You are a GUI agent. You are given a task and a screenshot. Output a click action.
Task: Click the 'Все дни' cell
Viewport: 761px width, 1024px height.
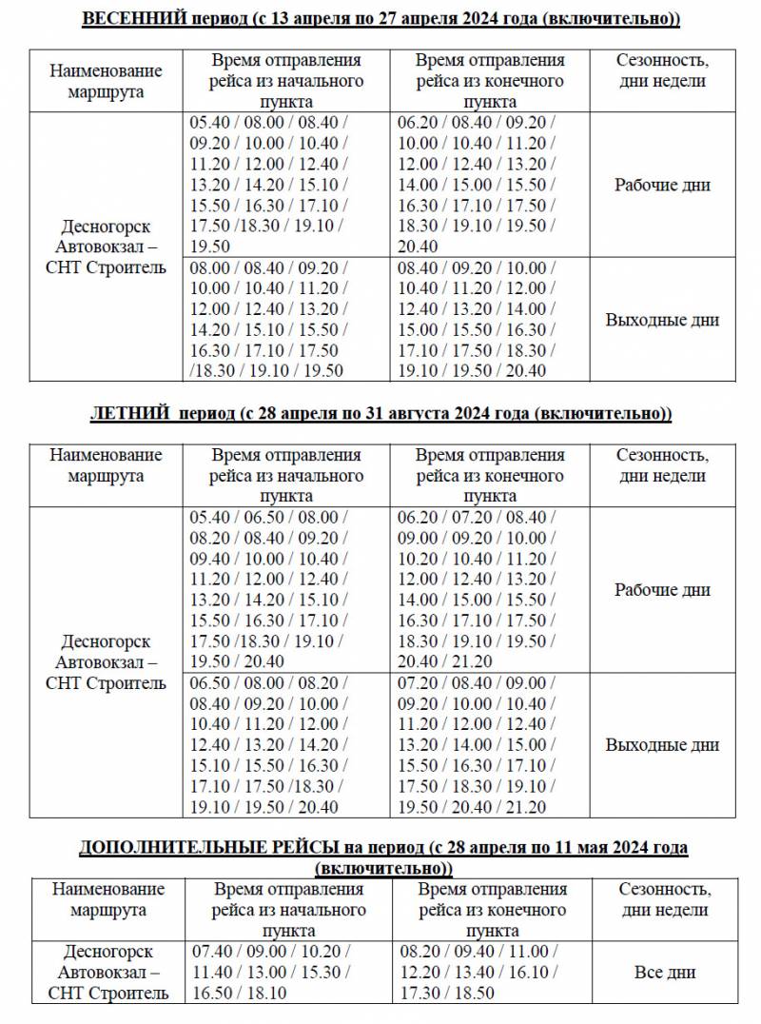664,972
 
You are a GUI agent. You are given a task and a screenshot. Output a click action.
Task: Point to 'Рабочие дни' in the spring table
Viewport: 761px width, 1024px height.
661,185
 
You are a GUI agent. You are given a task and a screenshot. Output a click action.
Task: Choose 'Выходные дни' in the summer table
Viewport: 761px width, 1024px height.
661,745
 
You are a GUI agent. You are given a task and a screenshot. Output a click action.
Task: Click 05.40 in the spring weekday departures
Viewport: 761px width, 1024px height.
210,123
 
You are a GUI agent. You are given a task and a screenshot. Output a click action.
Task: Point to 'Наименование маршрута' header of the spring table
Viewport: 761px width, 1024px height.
107,82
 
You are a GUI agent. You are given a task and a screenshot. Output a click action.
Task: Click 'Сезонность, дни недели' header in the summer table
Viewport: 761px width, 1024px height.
661,465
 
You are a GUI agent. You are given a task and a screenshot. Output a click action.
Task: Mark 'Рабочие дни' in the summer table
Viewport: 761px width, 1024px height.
661,590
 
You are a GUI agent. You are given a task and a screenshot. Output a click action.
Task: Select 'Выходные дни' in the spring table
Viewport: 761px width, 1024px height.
661,320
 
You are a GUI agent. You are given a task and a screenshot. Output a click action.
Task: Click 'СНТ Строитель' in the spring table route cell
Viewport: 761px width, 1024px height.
106,268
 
